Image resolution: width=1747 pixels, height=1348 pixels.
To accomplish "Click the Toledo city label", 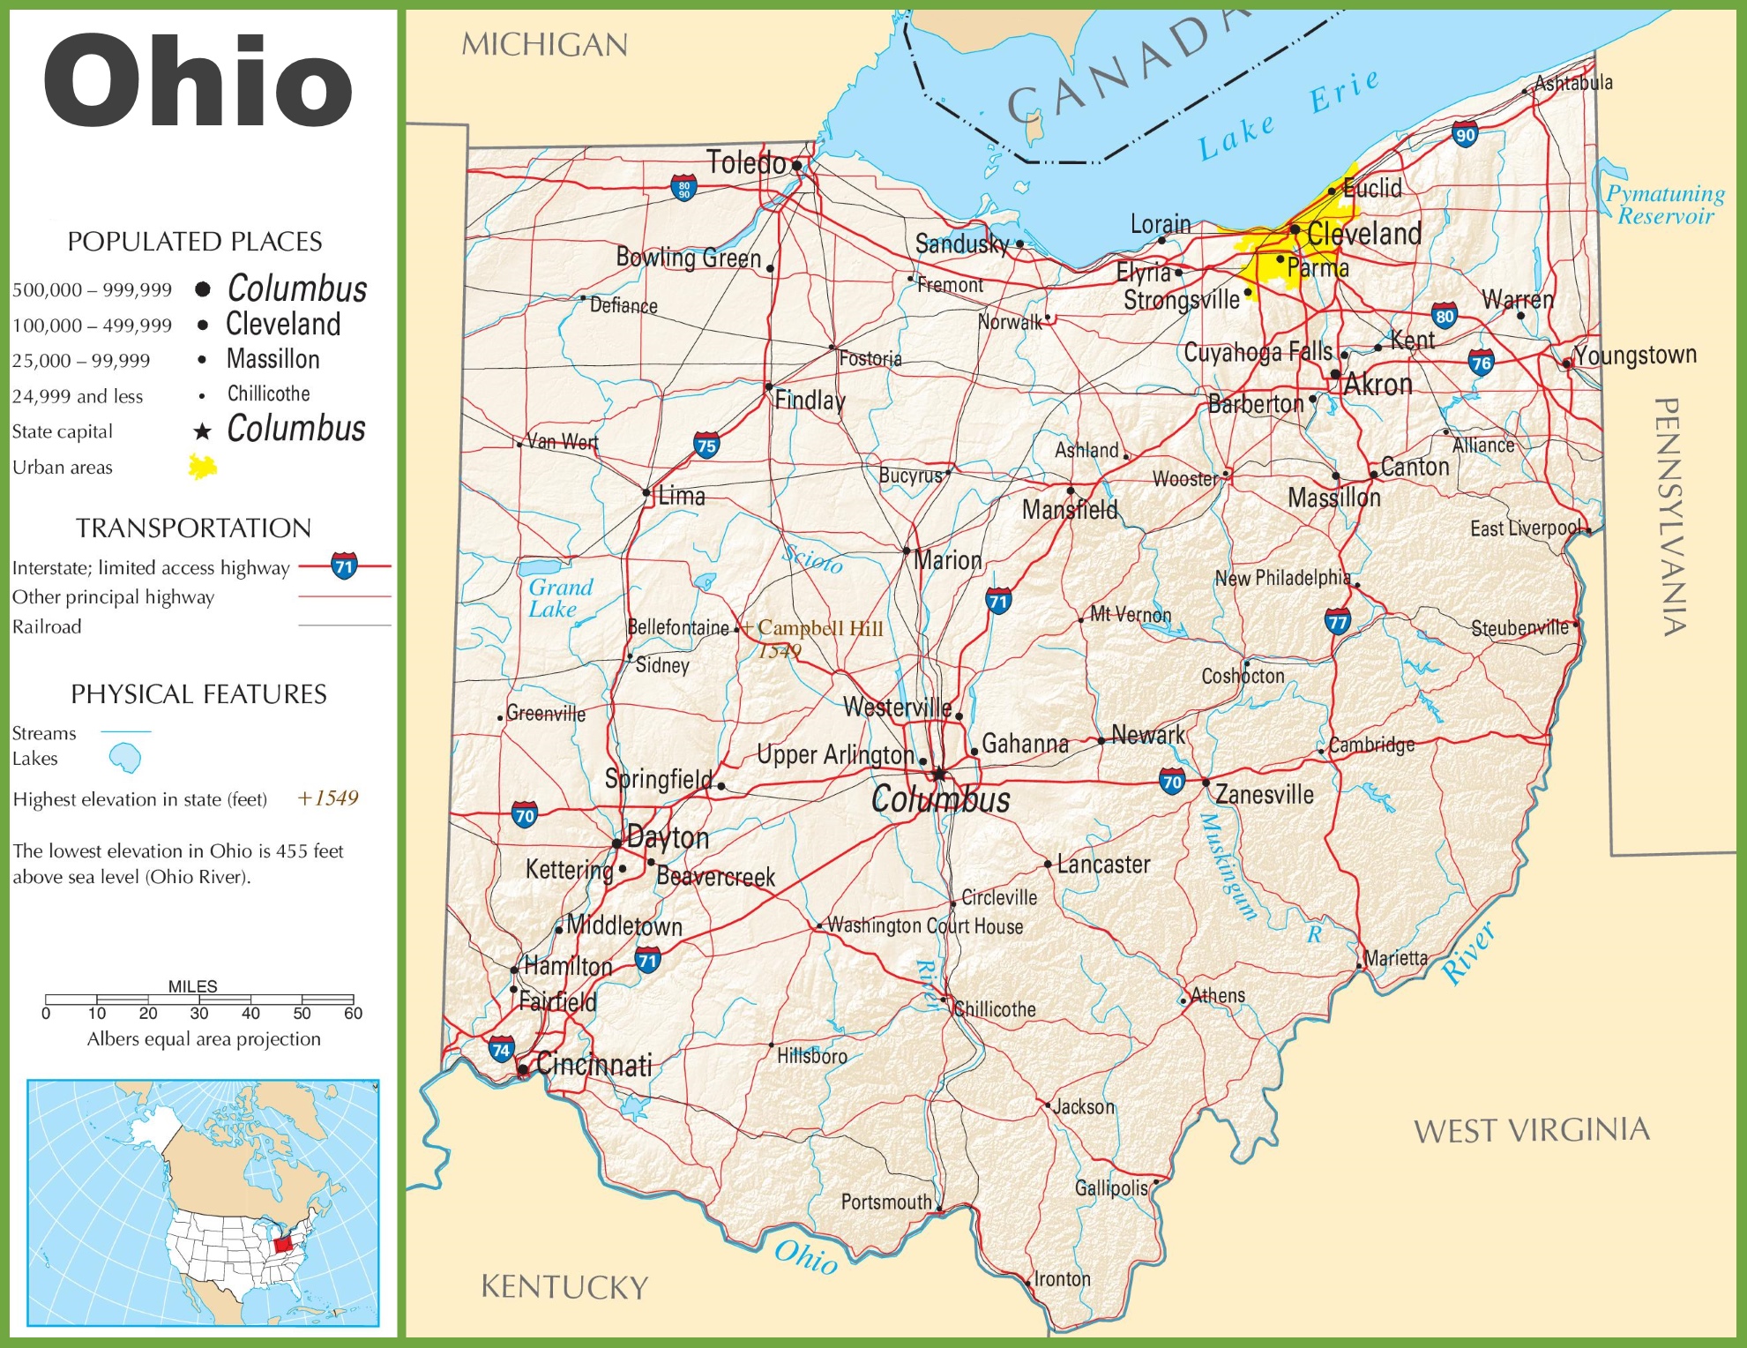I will coord(745,163).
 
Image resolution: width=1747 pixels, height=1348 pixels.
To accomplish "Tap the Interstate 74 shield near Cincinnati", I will coord(501,1050).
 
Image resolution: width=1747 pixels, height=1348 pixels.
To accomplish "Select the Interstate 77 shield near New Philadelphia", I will coord(1338,622).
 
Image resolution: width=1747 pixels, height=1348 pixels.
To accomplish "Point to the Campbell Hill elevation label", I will coord(818,629).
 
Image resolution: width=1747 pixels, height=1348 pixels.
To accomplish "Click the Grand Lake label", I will coord(560,598).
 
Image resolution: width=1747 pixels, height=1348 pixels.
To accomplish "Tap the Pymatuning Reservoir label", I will coord(1665,205).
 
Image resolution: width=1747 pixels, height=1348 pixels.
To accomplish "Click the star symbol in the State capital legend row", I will coord(202,431).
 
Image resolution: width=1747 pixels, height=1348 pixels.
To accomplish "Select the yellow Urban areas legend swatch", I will coord(203,467).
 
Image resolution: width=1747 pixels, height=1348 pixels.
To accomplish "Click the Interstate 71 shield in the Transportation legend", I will coord(344,566).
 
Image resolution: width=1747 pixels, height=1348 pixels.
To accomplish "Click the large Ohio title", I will coord(198,81).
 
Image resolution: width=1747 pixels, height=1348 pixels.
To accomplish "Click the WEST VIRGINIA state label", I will coord(1531,1130).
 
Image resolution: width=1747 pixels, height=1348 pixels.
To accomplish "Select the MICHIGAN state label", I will coord(544,45).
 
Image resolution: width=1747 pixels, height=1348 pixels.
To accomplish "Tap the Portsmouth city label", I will coord(885,1202).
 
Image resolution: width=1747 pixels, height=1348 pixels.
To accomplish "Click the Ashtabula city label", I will coord(1573,83).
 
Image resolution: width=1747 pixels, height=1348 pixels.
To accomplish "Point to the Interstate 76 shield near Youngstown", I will coord(1481,362).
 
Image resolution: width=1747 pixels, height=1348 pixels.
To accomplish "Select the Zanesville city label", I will coord(1264,795).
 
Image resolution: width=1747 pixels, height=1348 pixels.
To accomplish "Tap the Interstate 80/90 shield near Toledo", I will coord(683,187).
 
